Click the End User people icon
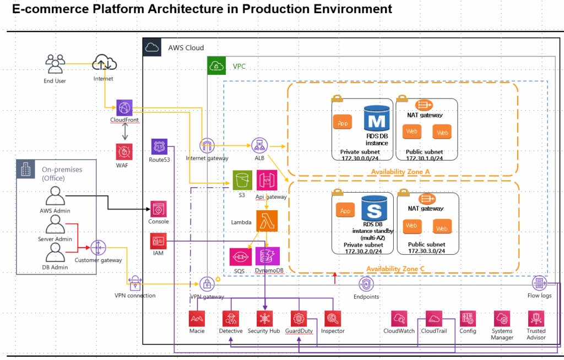pos(55,64)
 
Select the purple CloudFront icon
pos(124,107)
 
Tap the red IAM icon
pos(159,241)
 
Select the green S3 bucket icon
pos(241,179)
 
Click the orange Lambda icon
pos(267,221)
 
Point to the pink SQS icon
pos(239,257)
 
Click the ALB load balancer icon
pos(258,145)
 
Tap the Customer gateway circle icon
pos(98,247)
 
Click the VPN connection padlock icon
pos(135,283)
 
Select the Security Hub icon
pos(265,319)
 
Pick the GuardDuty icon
pos(299,319)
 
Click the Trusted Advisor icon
pos(536,319)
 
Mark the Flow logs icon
pos(539,283)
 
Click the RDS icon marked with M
pos(377,120)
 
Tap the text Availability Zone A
pos(401,172)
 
